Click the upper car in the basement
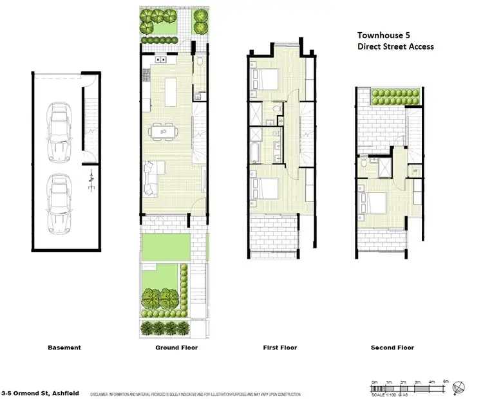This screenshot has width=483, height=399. [59, 133]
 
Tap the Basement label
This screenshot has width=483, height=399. [64, 348]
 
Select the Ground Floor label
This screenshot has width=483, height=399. [176, 348]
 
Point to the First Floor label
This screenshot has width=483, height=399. [279, 348]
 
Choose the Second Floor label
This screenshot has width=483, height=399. [392, 348]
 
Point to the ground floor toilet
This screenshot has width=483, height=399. [200, 62]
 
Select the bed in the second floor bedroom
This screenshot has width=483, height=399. [374, 204]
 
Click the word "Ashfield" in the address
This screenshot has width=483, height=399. [63, 391]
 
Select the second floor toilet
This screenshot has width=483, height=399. [365, 164]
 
